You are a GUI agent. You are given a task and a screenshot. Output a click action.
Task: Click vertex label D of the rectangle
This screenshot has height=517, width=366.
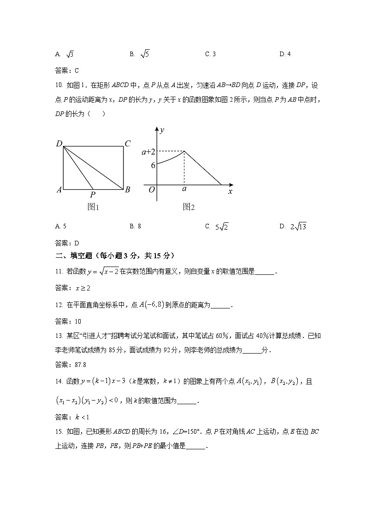coord(59,144)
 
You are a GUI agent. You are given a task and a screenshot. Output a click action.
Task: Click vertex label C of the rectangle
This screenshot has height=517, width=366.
coord(128,144)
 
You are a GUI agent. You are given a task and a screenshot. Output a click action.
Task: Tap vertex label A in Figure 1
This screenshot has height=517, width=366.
coord(59,190)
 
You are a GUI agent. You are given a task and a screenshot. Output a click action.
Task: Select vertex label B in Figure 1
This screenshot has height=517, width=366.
coord(128,190)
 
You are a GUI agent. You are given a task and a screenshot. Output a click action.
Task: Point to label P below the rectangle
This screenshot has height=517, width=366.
coord(93,195)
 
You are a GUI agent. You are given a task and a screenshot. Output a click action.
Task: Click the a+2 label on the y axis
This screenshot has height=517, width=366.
coord(148,151)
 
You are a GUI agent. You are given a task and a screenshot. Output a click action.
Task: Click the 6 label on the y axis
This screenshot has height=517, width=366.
coord(153,165)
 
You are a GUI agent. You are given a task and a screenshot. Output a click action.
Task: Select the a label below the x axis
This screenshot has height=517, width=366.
coord(184,189)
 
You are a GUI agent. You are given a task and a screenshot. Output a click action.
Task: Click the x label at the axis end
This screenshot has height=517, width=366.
coord(230,191)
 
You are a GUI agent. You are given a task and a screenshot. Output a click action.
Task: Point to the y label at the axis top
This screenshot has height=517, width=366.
coord(162,130)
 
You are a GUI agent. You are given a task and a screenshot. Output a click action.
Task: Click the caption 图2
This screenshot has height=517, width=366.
coord(189,207)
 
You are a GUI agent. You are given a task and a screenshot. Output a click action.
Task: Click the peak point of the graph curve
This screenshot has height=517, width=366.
coord(184,151)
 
